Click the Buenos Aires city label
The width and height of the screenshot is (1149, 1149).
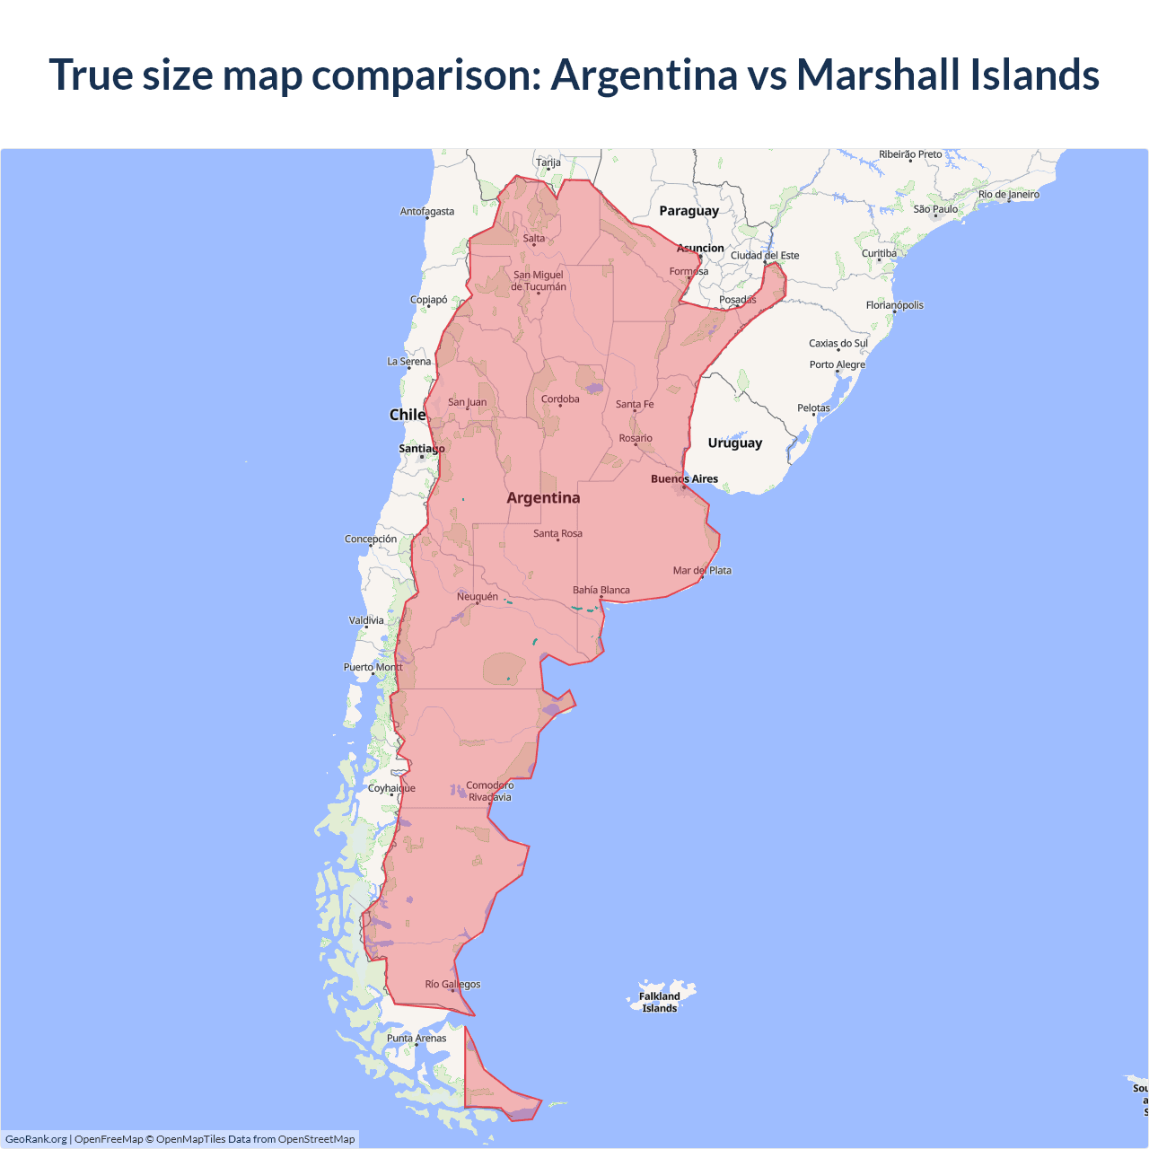pos(684,479)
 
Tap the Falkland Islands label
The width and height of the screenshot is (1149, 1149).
pos(660,1002)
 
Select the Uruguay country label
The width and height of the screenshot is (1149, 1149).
pos(734,443)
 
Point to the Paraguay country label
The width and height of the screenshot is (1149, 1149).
pos(689,211)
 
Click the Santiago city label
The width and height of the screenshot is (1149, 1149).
pos(422,449)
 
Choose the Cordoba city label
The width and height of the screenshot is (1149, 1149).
pos(560,399)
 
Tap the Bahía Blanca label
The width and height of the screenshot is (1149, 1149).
pos(601,591)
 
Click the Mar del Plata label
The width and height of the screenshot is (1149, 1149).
pos(702,571)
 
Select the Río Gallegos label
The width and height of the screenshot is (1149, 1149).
pos(452,985)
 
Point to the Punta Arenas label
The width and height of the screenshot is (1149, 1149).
pos(417,1039)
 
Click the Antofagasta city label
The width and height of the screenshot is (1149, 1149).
pos(427,212)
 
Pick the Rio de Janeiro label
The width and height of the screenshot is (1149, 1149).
pos(1009,195)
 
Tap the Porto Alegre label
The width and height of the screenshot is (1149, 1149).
pos(838,364)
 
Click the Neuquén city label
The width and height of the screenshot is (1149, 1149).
pos(478,597)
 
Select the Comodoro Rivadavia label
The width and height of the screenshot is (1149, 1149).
pos(490,791)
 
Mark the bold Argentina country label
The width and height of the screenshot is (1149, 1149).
pos(543,498)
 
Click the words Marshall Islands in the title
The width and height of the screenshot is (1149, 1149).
pos(948,75)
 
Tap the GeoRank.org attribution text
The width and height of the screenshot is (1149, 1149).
pos(36,1139)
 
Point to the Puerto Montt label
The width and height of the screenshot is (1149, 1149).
pos(373,668)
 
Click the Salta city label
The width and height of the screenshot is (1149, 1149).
pos(534,239)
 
